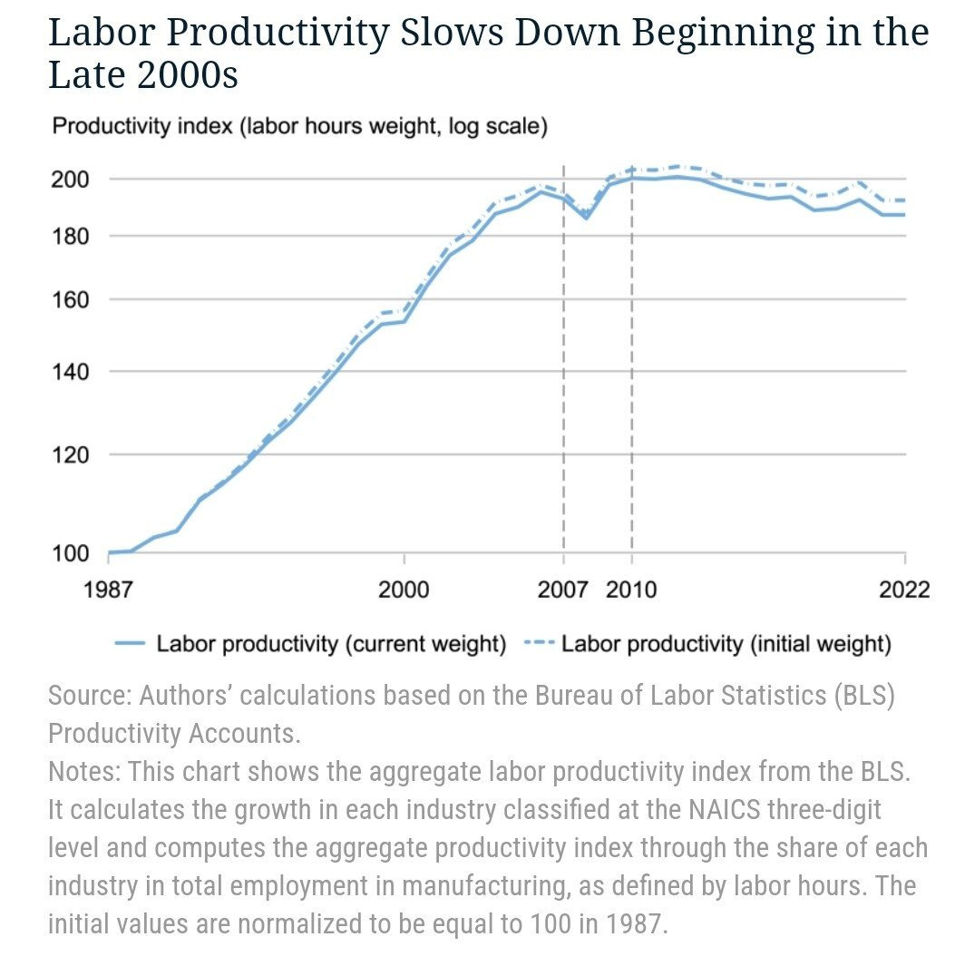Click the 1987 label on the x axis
point(108,590)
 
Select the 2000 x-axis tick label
point(404,590)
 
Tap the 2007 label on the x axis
point(562,590)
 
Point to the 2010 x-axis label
point(632,590)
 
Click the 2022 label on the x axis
point(904,590)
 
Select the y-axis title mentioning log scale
point(299,126)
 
